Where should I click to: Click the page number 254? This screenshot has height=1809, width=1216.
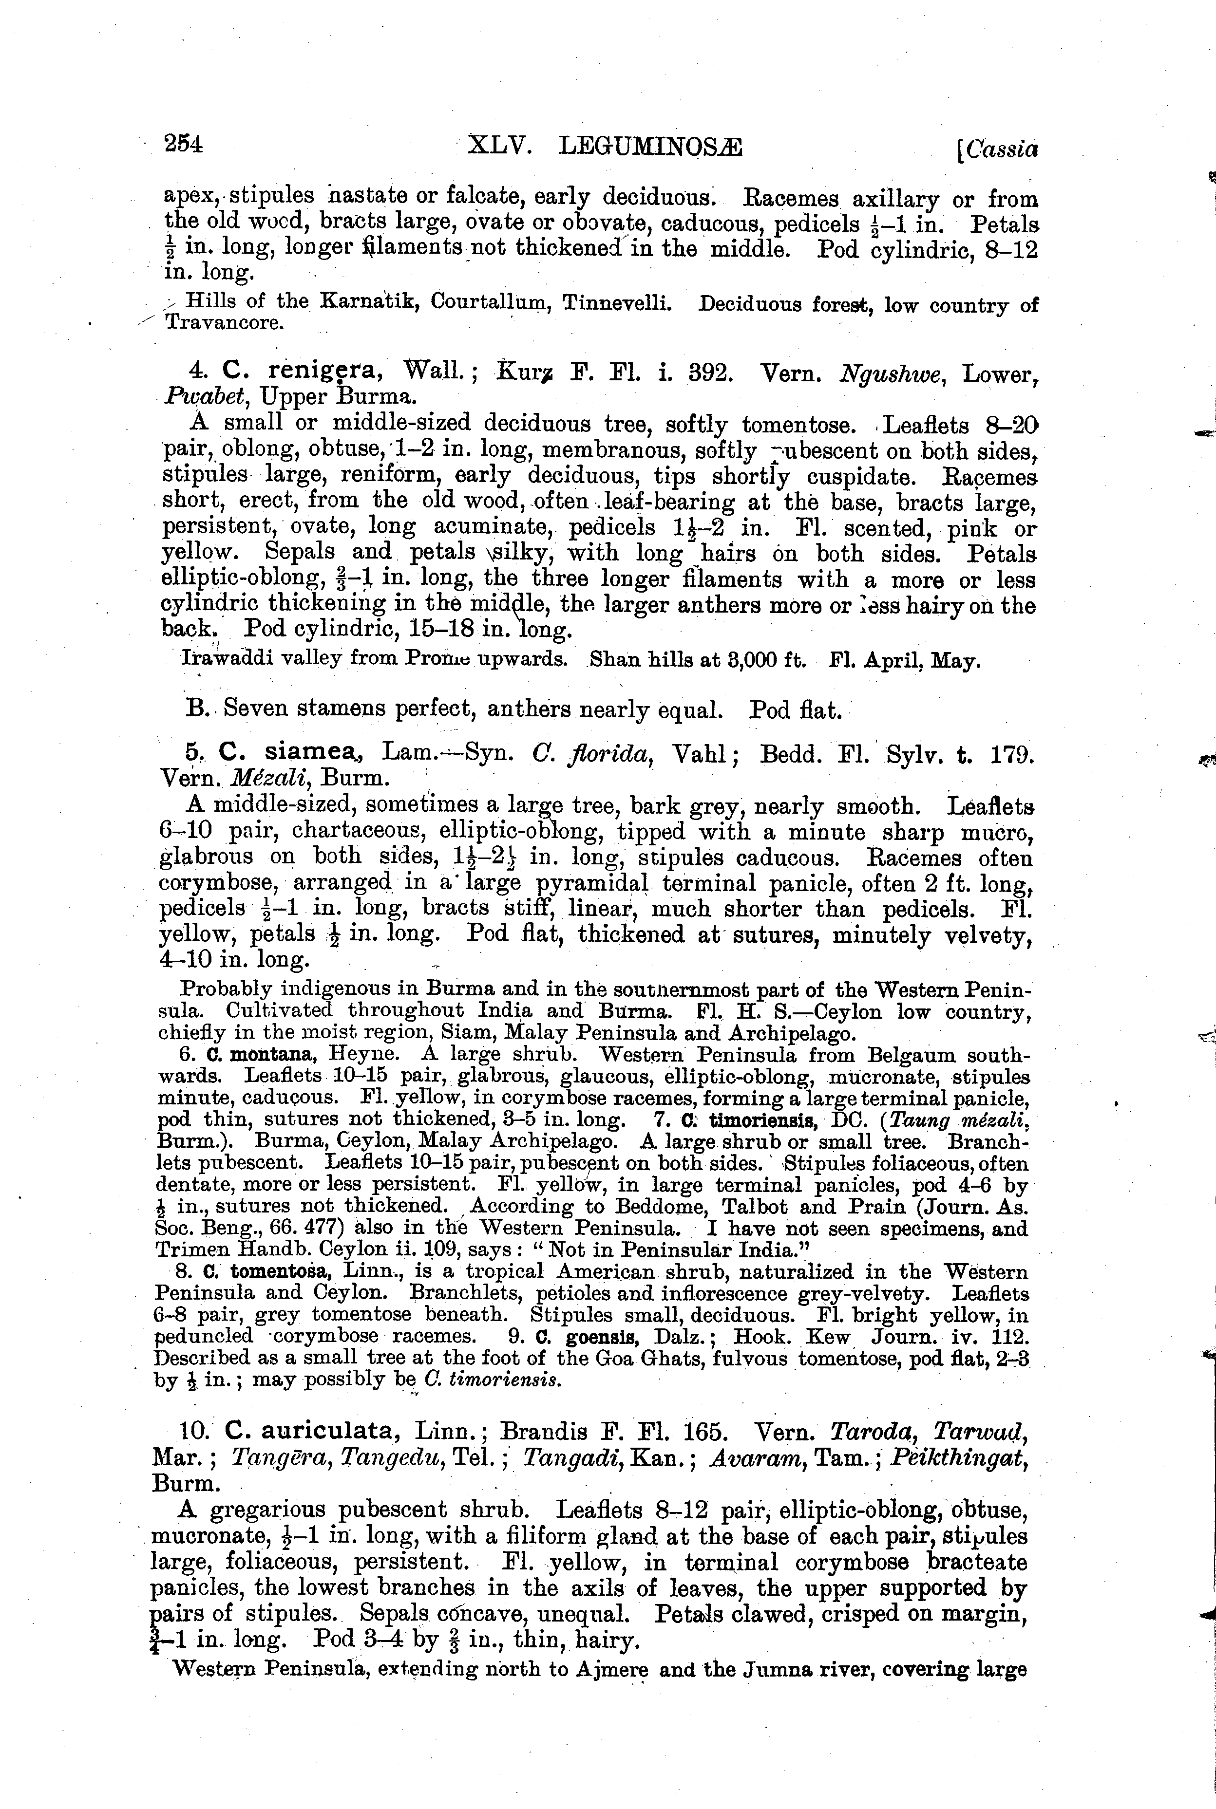click(x=183, y=144)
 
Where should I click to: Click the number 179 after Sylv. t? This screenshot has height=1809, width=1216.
click(x=1012, y=753)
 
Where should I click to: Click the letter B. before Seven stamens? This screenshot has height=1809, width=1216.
click(x=195, y=709)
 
